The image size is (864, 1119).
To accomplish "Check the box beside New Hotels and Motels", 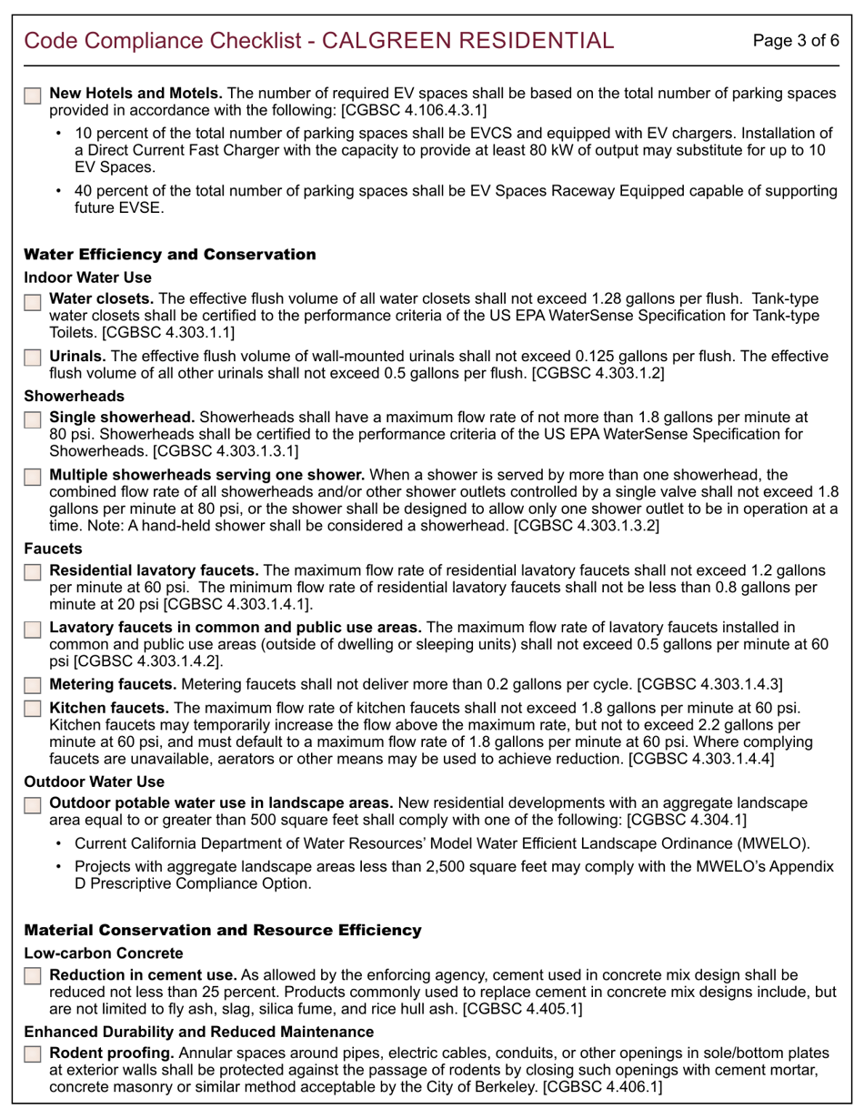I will pyautogui.click(x=32, y=96).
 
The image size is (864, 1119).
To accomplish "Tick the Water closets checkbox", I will pyautogui.click(x=32, y=301).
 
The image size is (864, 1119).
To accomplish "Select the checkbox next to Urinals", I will pyautogui.click(x=32, y=358).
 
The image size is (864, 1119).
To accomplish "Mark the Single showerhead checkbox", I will pyautogui.click(x=32, y=419).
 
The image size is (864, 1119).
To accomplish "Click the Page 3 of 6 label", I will pyautogui.click(x=797, y=40).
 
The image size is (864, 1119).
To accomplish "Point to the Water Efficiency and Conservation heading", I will pyautogui.click(x=169, y=255).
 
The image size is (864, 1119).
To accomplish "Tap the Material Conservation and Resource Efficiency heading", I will pyautogui.click(x=222, y=931).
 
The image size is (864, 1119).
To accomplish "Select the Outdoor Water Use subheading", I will pyautogui.click(x=94, y=781).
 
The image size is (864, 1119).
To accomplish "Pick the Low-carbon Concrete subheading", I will pyautogui.click(x=103, y=953).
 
